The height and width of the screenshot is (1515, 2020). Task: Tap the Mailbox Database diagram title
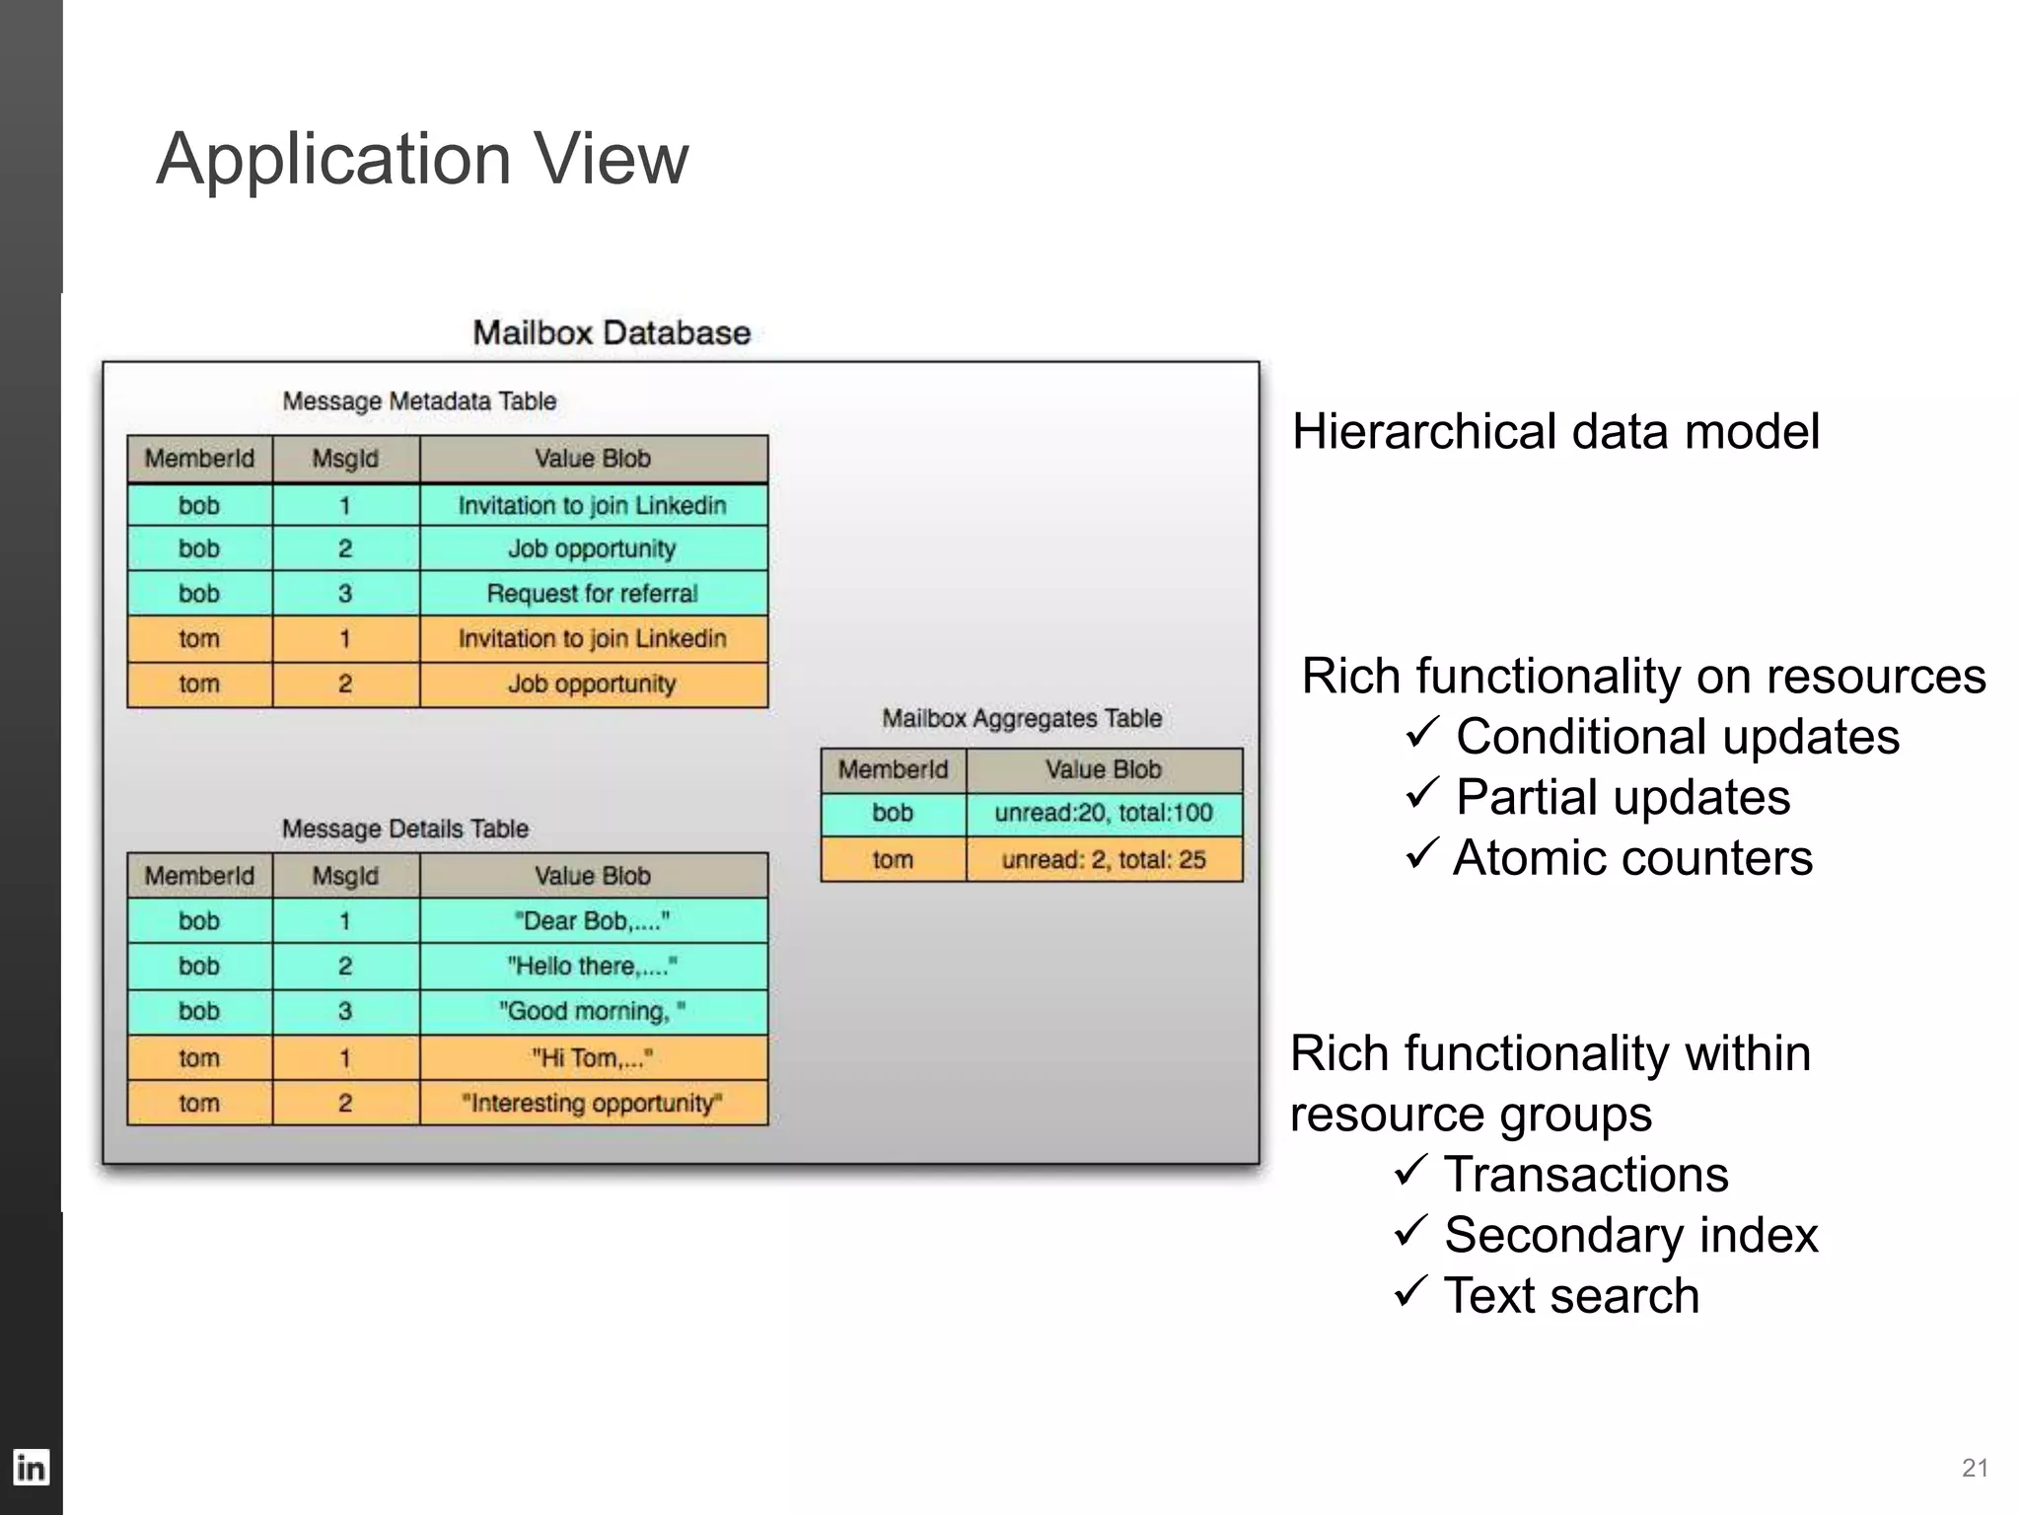click(612, 332)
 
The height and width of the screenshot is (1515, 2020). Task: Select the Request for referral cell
click(593, 594)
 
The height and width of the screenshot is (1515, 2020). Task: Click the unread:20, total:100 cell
click(1104, 814)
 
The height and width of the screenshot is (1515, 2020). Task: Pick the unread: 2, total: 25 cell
click(1104, 859)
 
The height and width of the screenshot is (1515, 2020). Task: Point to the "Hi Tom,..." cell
click(593, 1058)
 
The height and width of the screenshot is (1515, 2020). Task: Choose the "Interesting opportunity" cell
click(593, 1103)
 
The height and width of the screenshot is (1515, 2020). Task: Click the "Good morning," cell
click(593, 1012)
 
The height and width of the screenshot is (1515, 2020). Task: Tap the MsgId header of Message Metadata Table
click(345, 459)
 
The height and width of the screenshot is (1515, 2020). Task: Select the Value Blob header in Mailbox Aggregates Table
click(1104, 769)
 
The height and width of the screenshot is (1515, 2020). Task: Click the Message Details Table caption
click(405, 829)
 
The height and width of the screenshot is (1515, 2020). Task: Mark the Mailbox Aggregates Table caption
click(1022, 718)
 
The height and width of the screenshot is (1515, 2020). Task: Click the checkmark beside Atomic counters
click(1421, 853)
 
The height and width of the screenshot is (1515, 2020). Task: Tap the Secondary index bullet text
click(1630, 1235)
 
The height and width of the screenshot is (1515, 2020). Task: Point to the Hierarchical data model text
click(1555, 432)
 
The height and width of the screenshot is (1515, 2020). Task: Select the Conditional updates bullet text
click(1677, 737)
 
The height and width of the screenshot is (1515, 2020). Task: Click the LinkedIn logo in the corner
click(31, 1468)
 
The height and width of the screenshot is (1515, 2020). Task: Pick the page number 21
click(1975, 1468)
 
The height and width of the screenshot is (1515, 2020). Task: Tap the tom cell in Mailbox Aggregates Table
click(893, 859)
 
